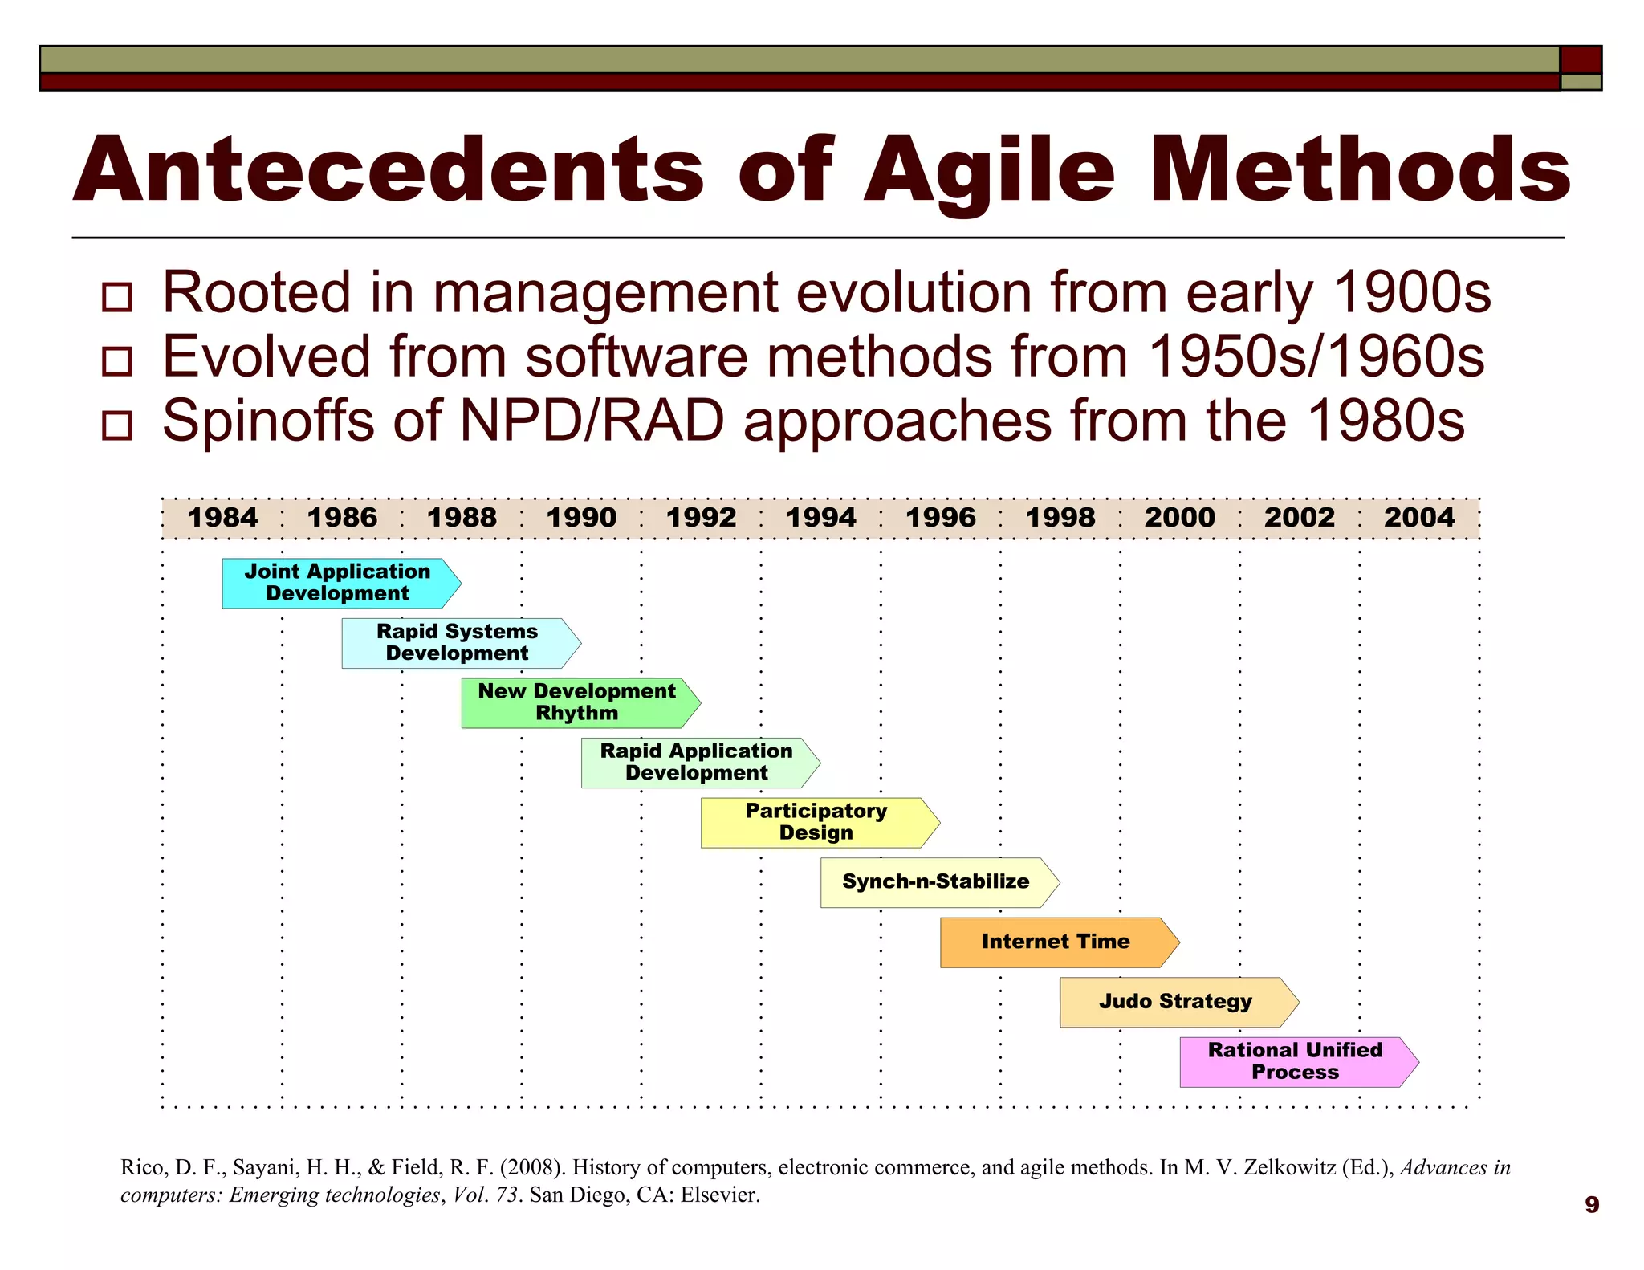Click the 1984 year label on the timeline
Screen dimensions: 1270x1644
[x=222, y=518]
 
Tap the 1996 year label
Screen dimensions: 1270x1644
[x=940, y=518]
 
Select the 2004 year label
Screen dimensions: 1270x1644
[x=1418, y=518]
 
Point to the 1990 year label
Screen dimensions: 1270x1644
[x=581, y=518]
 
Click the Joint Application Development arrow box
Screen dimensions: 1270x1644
[x=338, y=583]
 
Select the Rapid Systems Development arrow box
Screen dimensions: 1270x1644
[x=458, y=643]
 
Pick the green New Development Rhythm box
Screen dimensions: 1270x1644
[x=577, y=702]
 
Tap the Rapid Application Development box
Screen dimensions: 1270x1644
[x=696, y=763]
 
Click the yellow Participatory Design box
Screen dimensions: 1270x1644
[x=816, y=822]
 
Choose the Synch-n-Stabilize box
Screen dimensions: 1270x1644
[x=935, y=882]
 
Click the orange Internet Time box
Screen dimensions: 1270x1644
[x=1055, y=942]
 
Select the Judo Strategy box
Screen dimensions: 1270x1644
[x=1175, y=1002]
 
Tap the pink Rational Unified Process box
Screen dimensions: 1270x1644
[x=1294, y=1061]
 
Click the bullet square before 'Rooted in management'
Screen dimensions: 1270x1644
[x=117, y=297]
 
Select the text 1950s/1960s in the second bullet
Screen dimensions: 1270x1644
[x=1316, y=356]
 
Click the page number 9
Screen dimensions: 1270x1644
[x=1592, y=1204]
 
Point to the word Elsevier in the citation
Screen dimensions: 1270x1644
[x=719, y=1195]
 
